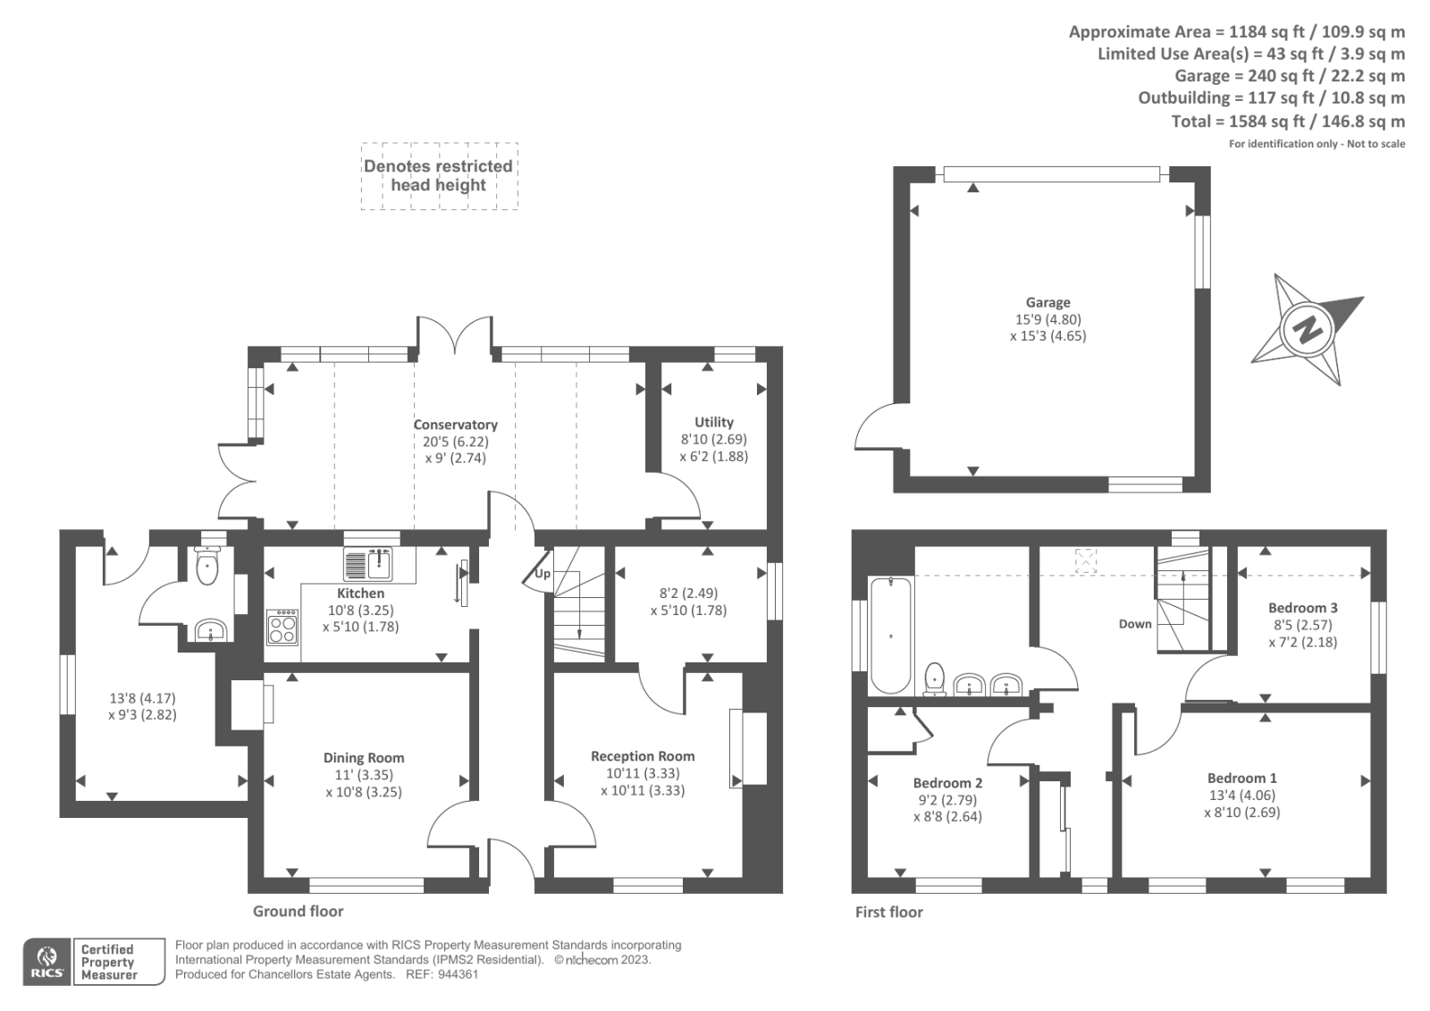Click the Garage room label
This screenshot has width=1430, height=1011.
pos(1047,302)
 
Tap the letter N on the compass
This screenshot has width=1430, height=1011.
pos(1308,330)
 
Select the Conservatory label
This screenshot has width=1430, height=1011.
pos(455,424)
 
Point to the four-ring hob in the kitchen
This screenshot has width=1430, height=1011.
pos(282,628)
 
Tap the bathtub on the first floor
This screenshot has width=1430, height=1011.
pos(890,636)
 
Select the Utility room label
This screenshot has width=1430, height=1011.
pos(714,422)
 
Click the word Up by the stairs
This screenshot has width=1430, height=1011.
pos(542,573)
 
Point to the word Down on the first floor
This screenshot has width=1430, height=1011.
pos(1135,624)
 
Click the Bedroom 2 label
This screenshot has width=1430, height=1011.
pos(947,782)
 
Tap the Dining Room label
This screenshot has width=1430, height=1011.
pos(364,757)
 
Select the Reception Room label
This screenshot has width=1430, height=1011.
pos(643,755)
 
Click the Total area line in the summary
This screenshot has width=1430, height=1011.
pos(1288,121)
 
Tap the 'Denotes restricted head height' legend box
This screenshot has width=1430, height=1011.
pos(439,175)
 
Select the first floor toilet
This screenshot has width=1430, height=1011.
pos(935,678)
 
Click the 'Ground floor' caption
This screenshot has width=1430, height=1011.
pos(299,912)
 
